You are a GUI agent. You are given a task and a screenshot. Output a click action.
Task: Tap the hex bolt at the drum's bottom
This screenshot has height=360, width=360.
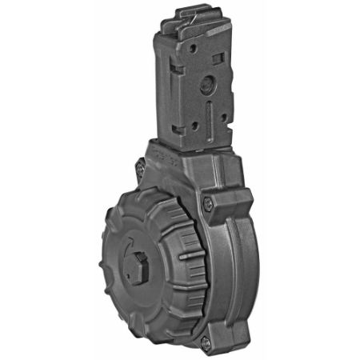pyautogui.click(x=205, y=342)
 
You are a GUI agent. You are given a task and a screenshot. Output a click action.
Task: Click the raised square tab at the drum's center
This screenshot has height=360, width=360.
pyautogui.click(x=141, y=263)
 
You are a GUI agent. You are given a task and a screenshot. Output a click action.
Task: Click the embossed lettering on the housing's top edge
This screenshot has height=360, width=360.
pyautogui.click(x=167, y=150)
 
